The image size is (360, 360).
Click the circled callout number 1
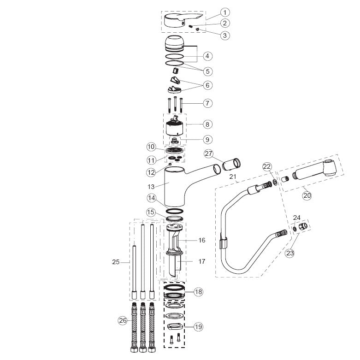225,12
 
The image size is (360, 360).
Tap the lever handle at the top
183,20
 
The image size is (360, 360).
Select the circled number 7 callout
207,103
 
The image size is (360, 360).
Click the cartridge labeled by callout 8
175,128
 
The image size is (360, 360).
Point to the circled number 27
209,153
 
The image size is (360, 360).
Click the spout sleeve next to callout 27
231,164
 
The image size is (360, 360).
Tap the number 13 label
151,187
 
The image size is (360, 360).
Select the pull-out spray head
315,169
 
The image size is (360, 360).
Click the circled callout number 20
307,195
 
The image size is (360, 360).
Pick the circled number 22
267,166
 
